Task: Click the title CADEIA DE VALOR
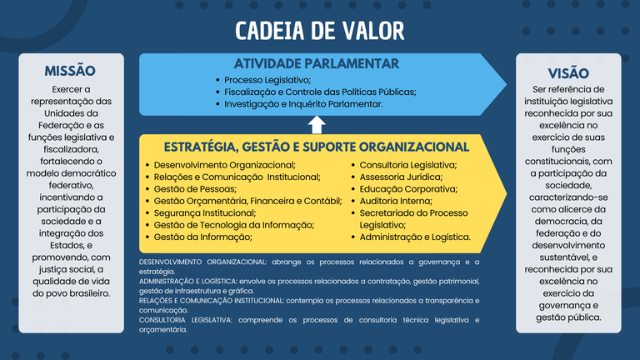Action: (319, 31)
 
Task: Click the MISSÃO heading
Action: (70, 71)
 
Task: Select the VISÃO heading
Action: (567, 72)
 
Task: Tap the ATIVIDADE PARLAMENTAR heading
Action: (316, 63)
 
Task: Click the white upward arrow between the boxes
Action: (317, 125)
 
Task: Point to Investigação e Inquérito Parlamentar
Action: (303, 104)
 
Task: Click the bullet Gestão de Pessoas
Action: (195, 189)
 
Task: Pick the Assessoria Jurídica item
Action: (401, 177)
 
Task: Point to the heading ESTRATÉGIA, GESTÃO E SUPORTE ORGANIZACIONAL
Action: (317, 147)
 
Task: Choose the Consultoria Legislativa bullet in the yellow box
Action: (407, 165)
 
